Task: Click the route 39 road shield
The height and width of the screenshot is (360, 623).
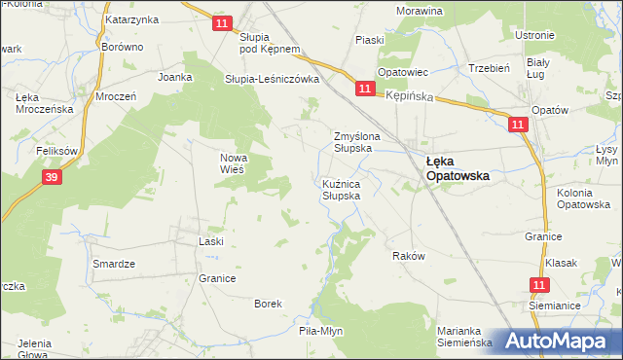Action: (x=52, y=176)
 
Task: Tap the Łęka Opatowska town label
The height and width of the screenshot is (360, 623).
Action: (x=457, y=169)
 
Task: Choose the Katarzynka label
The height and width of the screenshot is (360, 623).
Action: (x=131, y=18)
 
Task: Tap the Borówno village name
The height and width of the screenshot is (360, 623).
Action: (x=123, y=46)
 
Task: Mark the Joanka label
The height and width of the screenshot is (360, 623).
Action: (x=176, y=75)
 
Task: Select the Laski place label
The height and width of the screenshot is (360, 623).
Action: (x=211, y=240)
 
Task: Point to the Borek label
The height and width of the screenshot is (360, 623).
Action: (x=268, y=304)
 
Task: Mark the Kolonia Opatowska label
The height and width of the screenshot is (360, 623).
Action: (x=583, y=198)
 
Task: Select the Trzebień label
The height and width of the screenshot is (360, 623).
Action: (x=490, y=68)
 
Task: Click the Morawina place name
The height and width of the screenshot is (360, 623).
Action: (x=420, y=11)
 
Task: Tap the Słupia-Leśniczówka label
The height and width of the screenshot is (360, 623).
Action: (x=273, y=80)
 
